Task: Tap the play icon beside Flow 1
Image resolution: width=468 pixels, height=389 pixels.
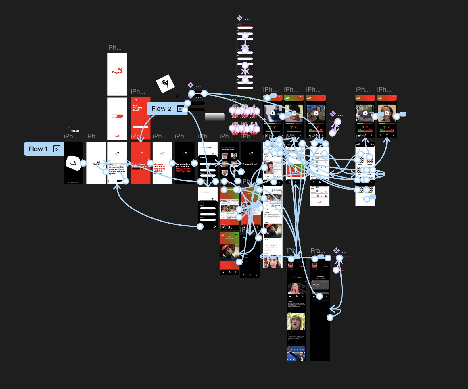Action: [57, 149]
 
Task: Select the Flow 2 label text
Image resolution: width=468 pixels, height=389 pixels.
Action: [161, 109]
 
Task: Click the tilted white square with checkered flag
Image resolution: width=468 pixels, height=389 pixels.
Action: [165, 84]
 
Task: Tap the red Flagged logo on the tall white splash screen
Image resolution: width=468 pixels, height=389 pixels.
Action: [117, 71]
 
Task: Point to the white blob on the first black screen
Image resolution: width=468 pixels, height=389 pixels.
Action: [73, 163]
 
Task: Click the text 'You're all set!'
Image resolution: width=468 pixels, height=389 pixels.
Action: [250, 164]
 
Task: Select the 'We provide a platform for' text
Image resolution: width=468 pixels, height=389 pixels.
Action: [183, 165]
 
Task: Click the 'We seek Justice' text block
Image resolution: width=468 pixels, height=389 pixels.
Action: [159, 167]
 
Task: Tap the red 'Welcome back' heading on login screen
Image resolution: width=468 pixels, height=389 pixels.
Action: [204, 192]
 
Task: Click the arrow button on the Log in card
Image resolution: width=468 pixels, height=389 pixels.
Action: [214, 226]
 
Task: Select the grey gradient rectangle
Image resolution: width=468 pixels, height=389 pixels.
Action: [214, 117]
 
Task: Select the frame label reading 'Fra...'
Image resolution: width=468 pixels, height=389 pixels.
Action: [318, 251]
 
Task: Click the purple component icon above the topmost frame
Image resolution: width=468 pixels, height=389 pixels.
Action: [239, 18]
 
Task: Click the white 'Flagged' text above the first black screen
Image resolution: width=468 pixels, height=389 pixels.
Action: [75, 131]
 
